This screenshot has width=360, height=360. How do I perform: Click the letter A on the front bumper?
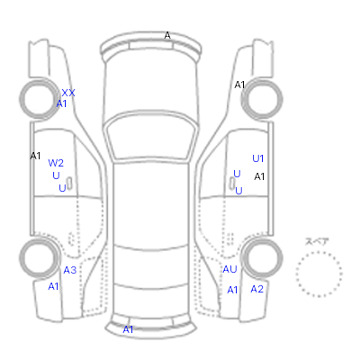pyautogui.click(x=167, y=35)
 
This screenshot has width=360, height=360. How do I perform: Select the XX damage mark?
pyautogui.click(x=68, y=93)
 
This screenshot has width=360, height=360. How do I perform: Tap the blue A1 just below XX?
pyautogui.click(x=61, y=103)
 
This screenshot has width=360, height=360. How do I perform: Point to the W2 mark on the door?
pyautogui.click(x=56, y=163)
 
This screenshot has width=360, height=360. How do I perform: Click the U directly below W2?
pyautogui.click(x=56, y=175)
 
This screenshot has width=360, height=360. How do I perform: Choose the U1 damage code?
pyautogui.click(x=258, y=158)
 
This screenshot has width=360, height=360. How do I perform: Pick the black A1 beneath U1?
pyautogui.click(x=259, y=177)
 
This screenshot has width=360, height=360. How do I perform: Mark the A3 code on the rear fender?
pyautogui.click(x=70, y=270)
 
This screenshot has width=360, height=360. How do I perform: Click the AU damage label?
pyautogui.click(x=229, y=269)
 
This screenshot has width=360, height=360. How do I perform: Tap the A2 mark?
pyautogui.click(x=257, y=289)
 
